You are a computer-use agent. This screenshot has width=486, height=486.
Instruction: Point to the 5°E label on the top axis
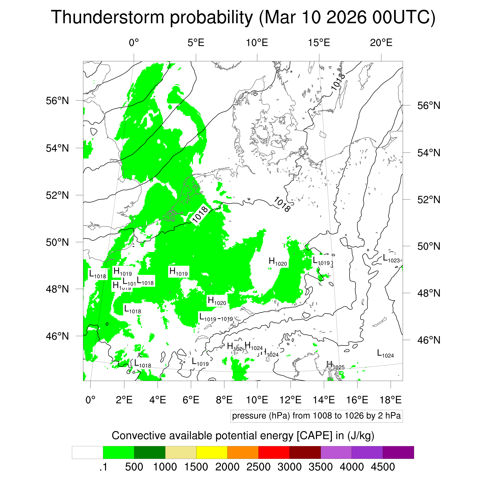coord(196,43)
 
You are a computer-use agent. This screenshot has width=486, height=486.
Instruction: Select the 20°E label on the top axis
coord(381,43)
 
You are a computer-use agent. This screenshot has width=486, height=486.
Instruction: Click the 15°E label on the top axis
coord(319,43)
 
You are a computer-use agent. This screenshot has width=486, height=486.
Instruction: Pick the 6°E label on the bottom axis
coord(191,400)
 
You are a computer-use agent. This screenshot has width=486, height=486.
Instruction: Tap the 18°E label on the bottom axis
coord(390,400)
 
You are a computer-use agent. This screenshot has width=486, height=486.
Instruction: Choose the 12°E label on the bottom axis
coord(291,400)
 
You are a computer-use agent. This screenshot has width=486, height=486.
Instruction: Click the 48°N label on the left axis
coord(57,289)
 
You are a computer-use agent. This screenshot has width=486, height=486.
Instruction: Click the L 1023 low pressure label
coord(391,259)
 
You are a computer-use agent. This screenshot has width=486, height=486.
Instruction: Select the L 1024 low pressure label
coord(385,354)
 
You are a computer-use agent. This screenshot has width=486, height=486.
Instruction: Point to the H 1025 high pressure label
coord(335,365)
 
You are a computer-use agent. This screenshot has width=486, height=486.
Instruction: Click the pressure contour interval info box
coord(316,416)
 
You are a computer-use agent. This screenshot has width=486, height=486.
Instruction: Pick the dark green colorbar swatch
coord(149,453)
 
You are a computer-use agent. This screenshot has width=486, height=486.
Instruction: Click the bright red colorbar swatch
coord(274,453)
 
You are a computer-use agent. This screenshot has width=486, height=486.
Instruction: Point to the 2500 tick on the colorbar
coord(258,467)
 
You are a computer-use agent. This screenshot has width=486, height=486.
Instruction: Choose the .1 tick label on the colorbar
coord(103,467)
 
